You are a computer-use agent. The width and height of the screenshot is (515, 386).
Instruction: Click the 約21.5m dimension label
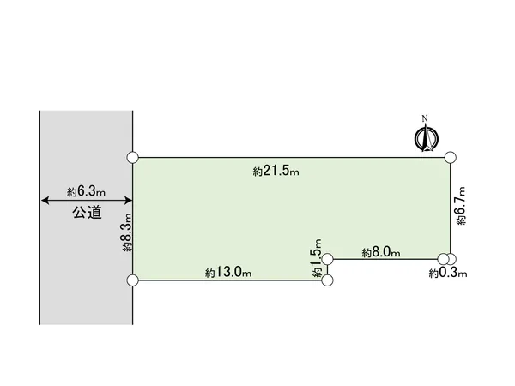click(276, 171)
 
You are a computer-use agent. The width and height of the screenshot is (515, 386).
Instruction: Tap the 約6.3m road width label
click(86, 191)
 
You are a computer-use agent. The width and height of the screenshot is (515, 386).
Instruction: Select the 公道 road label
click(87, 213)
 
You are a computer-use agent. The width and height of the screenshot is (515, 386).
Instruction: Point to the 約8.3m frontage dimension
click(127, 232)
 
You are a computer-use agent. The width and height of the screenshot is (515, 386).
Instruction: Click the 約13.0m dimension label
click(228, 272)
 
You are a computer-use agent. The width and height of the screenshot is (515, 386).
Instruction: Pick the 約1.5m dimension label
click(317, 258)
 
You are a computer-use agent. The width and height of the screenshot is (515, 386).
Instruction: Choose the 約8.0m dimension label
click(381, 252)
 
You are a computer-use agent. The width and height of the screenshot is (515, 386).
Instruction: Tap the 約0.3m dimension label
click(448, 273)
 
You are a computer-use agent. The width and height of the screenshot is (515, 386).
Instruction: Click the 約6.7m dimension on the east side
click(460, 206)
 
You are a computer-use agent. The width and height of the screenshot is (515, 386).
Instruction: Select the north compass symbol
click(427, 138)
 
